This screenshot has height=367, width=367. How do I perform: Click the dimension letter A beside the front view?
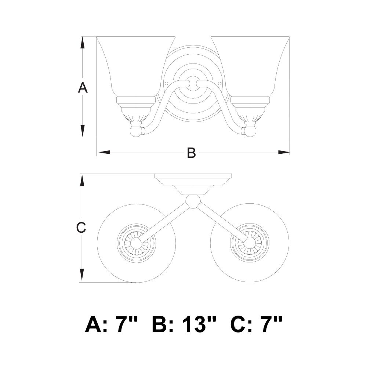(83, 88)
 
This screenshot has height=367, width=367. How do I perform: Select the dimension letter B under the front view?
(192, 152)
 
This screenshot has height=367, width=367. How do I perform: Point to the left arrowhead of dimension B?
(104, 152)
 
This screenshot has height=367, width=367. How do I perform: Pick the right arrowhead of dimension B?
(284, 152)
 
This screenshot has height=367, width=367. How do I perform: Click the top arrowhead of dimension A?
(82, 43)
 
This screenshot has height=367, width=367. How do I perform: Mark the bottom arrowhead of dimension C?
(82, 275)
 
